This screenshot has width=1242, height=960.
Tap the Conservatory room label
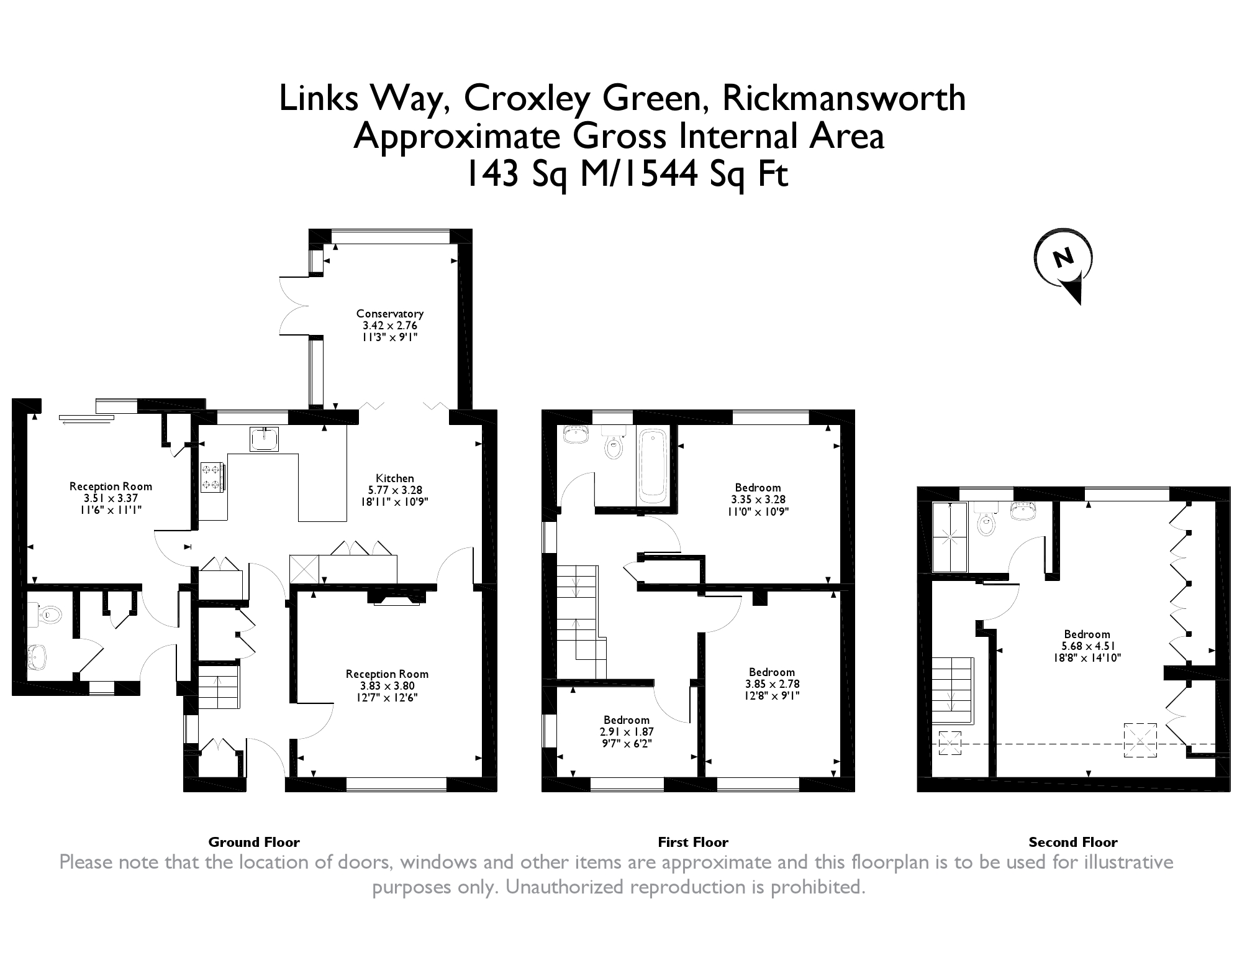point(390,314)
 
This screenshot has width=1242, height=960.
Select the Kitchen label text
point(395,478)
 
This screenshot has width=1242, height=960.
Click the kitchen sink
point(264,439)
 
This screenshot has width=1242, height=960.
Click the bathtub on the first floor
point(653,466)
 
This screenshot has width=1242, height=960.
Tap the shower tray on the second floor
point(950,537)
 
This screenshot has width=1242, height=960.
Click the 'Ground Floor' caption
point(254,843)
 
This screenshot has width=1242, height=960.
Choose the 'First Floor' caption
point(693,843)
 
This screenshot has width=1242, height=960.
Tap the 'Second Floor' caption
point(1073,843)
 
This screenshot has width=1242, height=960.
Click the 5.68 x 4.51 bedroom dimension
point(1087,646)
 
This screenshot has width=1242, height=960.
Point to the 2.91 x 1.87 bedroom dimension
point(626,732)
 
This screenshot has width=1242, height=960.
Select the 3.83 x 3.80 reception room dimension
point(387,686)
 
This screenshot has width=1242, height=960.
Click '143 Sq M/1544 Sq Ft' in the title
point(627,174)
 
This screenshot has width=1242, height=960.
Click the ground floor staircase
point(219,686)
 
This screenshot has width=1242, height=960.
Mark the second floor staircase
point(951,690)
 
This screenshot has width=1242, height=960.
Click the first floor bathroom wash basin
point(576,434)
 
